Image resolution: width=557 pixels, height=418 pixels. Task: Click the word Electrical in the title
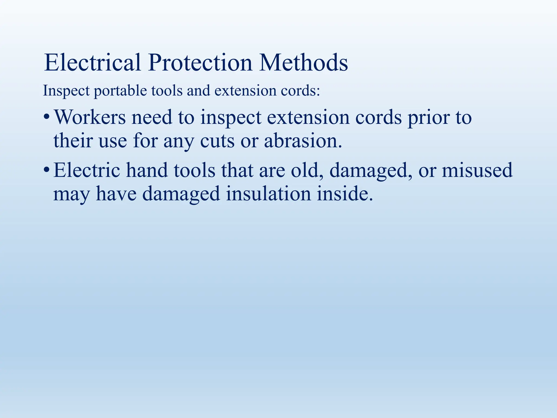pos(92,63)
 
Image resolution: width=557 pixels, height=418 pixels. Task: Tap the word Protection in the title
pos(200,63)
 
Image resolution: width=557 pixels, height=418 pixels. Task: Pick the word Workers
pos(90,117)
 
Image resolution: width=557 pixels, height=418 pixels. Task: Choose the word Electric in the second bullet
pos(87,170)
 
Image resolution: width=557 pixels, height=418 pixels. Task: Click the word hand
pos(147,170)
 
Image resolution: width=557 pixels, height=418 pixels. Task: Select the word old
pos(305,170)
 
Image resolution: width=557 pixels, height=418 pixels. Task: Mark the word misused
pos(477,170)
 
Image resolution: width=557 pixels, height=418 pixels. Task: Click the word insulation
pos(268,194)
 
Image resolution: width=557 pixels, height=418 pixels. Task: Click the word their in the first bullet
pos(73,141)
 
